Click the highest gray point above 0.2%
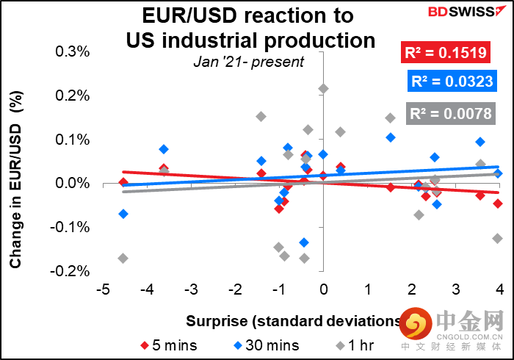tap(323, 89)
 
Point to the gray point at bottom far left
tap(123, 258)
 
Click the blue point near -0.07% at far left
tap(123, 214)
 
